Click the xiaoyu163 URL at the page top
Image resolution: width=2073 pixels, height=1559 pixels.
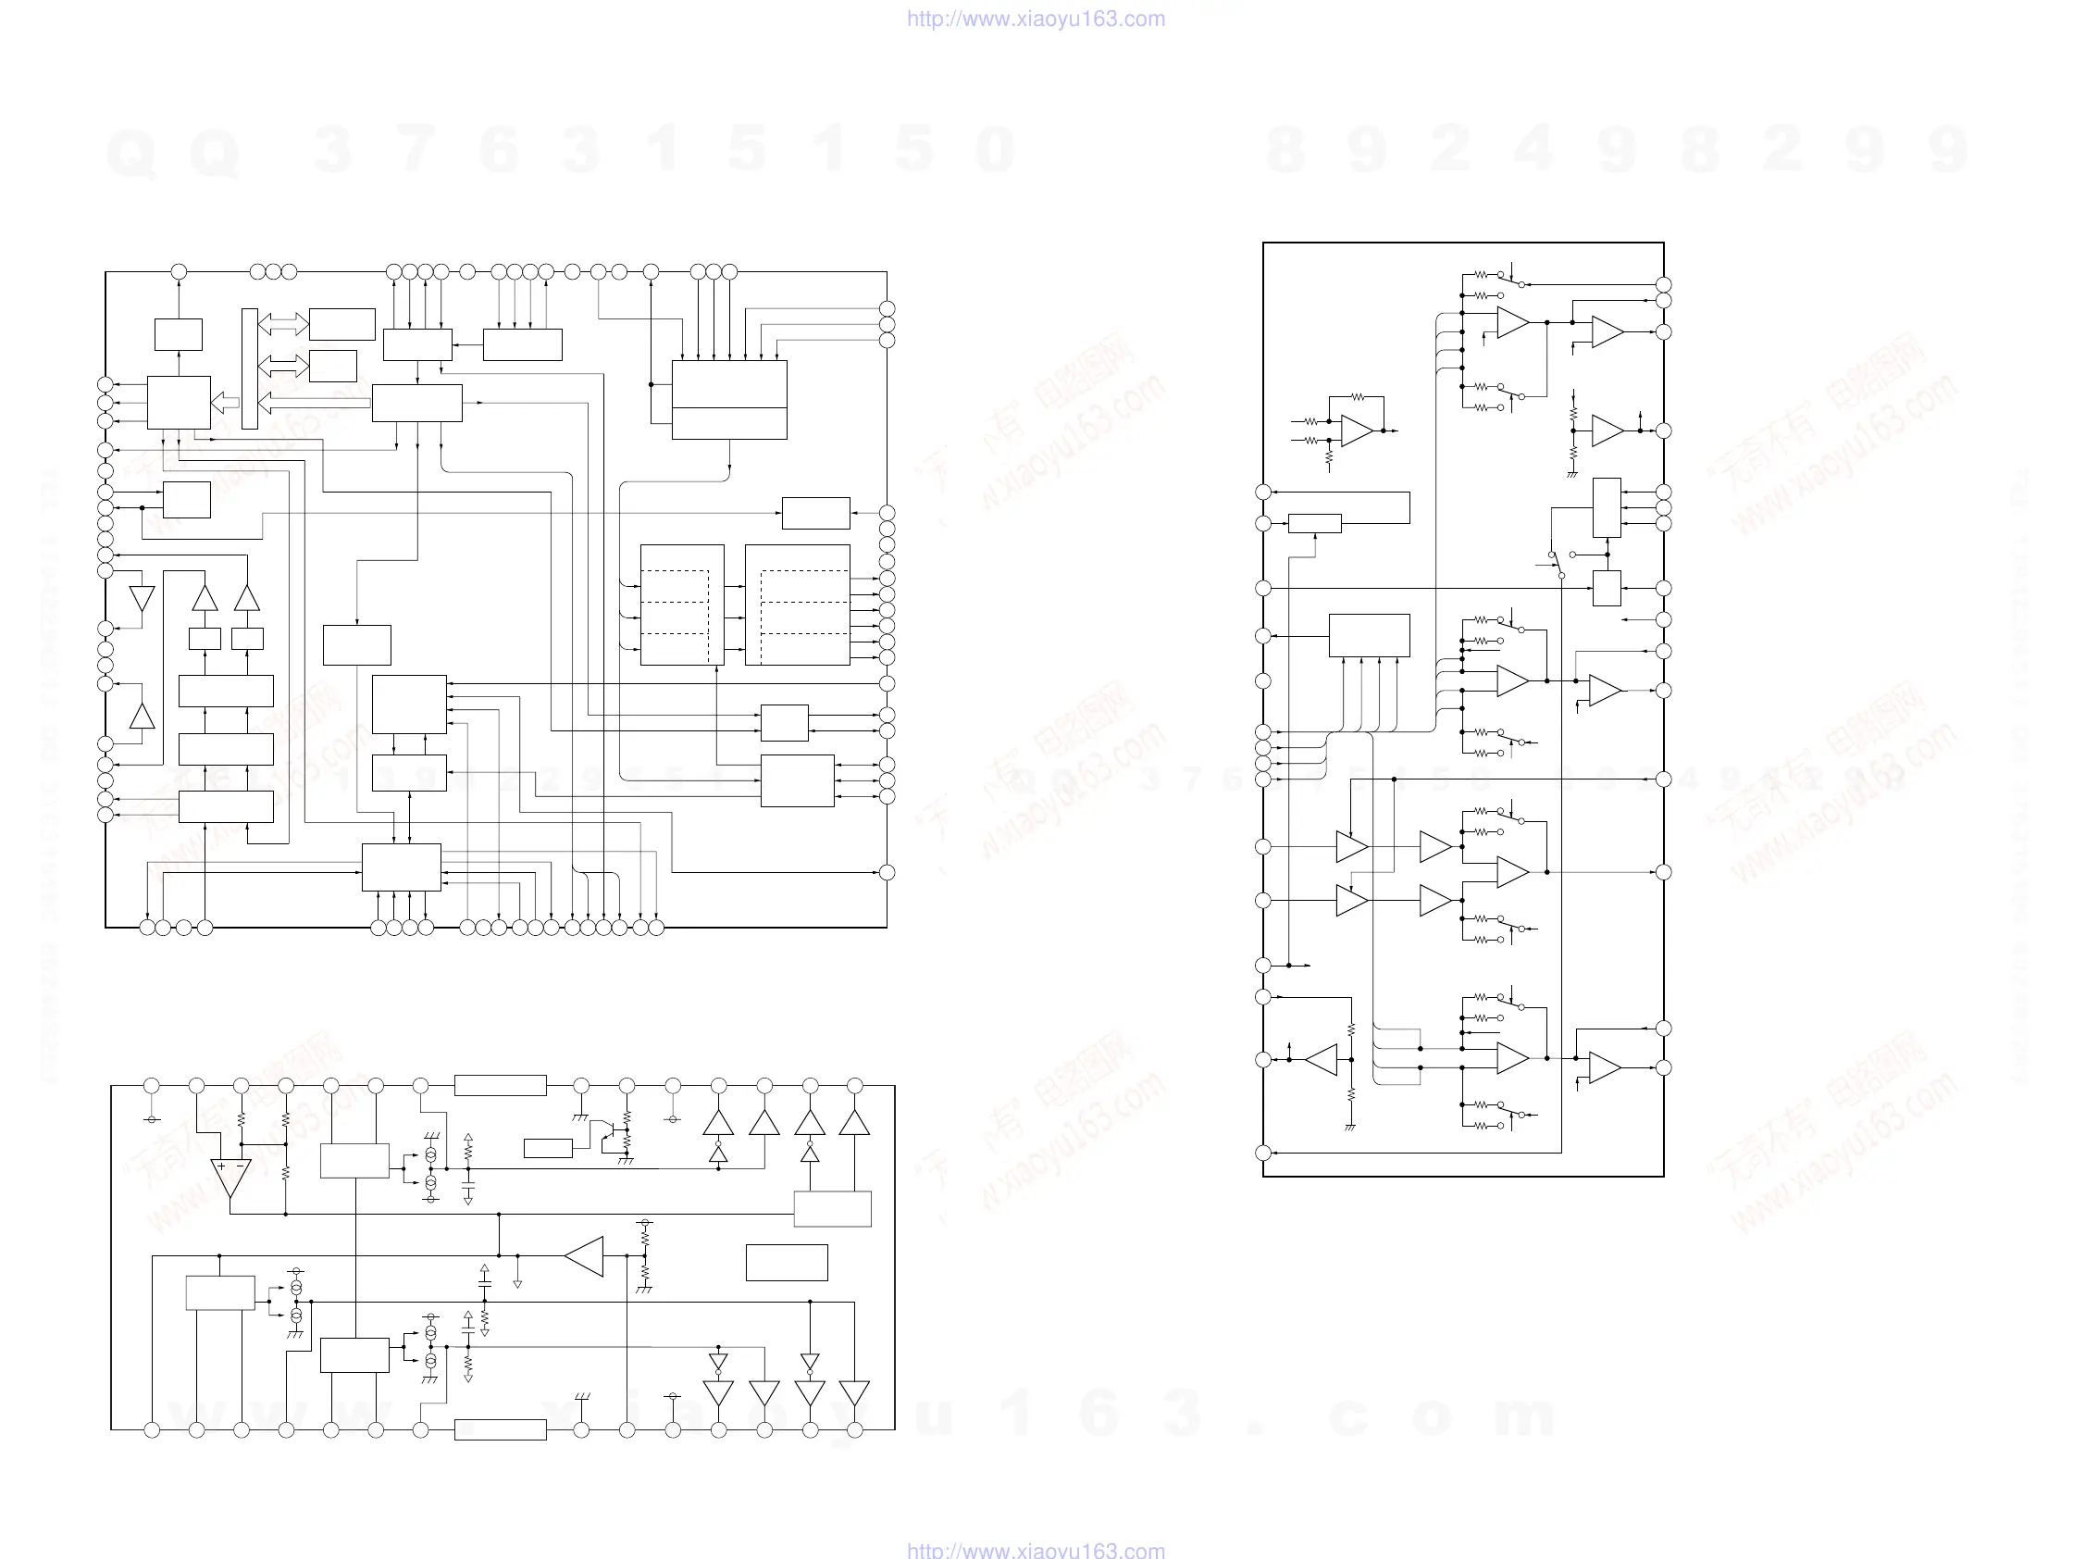pos(1036,19)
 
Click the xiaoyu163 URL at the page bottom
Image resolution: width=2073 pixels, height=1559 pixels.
pos(1036,1549)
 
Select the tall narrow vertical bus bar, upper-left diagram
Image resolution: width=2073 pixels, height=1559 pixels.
pos(249,368)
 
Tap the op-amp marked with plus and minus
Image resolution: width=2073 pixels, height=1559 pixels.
pos(230,1178)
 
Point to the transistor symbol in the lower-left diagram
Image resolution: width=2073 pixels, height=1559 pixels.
pos(610,1136)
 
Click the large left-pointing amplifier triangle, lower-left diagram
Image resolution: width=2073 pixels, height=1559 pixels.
pos(585,1256)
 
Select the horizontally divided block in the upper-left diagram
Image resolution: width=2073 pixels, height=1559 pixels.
pos(729,399)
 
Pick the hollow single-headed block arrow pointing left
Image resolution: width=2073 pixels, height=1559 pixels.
pos(225,403)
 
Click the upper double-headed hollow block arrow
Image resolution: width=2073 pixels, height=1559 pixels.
pos(283,323)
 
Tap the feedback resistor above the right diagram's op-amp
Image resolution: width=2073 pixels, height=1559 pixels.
pos(1357,397)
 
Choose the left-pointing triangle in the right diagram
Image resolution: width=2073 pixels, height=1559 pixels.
pos(1322,1059)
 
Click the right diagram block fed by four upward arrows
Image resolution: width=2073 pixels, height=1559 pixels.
pos(1369,636)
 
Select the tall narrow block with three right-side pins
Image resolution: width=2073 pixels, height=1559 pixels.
pos(1607,507)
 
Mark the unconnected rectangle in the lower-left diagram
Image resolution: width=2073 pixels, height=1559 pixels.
pos(787,1263)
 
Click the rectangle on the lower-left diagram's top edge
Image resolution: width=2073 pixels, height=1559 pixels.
pos(501,1086)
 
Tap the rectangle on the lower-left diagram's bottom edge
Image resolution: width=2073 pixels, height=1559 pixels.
pos(501,1429)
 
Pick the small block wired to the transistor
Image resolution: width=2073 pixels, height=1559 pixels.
pos(548,1148)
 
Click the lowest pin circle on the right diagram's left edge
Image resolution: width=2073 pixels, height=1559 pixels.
pos(1263,1154)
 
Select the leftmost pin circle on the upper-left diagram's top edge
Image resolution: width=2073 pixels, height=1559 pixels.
pos(179,272)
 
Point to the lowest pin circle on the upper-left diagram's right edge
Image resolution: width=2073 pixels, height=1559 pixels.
pos(887,873)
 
